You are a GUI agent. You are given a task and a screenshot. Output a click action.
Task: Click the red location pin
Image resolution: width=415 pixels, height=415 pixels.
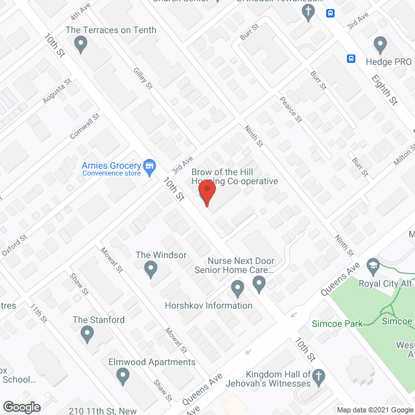207,193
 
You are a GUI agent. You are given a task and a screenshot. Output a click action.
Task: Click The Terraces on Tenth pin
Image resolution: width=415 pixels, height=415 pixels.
81,44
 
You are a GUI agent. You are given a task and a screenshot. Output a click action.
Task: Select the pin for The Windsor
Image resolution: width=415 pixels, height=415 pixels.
151,268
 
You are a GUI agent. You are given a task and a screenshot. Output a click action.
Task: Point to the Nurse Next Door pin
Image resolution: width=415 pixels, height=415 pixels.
259,283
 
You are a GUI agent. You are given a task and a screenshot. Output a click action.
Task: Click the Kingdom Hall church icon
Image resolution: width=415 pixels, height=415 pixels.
318,376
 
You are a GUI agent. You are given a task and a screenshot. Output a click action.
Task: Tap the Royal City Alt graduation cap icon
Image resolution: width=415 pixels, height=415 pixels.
373,265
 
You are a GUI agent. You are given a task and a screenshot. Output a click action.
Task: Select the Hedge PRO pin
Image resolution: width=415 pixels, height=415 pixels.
381,44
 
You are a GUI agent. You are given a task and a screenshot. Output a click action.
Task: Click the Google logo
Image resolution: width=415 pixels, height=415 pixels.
21,407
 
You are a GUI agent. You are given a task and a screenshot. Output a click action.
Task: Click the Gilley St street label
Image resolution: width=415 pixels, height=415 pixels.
143,77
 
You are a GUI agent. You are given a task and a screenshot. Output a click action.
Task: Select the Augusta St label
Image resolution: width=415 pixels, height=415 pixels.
56,94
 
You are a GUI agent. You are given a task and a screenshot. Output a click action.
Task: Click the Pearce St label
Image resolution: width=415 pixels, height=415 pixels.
291,110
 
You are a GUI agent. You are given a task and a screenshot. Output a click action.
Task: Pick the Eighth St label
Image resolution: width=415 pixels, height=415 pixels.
384,89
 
